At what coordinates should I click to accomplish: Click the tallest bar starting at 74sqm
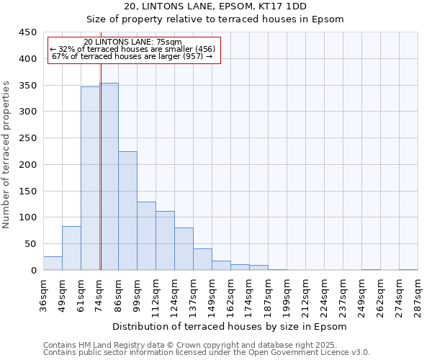[109, 176]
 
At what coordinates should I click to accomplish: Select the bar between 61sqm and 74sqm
[90, 179]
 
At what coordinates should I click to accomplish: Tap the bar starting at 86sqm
[127, 211]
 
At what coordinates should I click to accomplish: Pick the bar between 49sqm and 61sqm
[71, 248]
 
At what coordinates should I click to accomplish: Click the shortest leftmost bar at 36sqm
[53, 264]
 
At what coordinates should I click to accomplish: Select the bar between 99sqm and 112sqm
[146, 236]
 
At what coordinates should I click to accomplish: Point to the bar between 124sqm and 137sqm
[184, 249]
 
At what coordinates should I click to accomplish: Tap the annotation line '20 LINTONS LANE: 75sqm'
[132, 42]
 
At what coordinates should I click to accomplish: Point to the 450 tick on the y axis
[29, 32]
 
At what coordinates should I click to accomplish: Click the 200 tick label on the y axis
[29, 165]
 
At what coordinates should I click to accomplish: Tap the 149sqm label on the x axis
[212, 291]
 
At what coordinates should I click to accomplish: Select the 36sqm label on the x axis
[43, 291]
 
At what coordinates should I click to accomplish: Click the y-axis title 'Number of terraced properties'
[6, 154]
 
